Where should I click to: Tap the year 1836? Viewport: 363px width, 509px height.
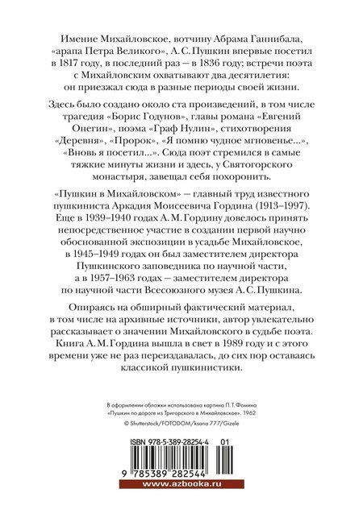(x=231, y=68)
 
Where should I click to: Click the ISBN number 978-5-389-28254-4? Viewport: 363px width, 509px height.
(x=171, y=445)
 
